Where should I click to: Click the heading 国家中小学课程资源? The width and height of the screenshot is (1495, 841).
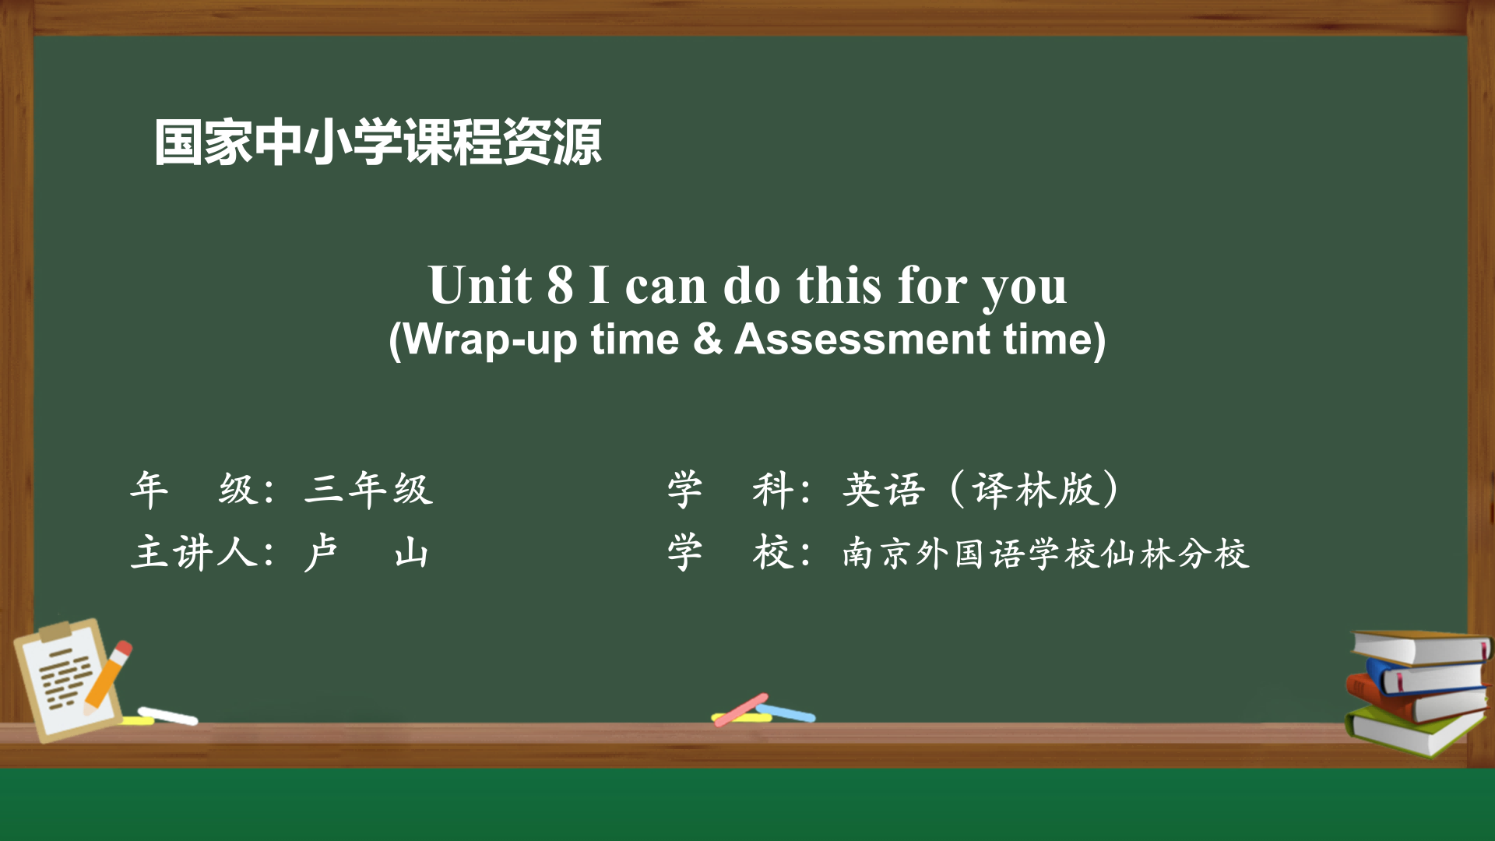378,143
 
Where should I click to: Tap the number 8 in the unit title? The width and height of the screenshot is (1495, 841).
560,285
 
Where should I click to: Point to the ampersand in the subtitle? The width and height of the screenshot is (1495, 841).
707,339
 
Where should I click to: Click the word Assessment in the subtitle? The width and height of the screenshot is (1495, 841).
863,339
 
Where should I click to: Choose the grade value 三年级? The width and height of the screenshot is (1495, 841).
368,489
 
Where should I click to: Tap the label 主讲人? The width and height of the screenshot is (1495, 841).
195,553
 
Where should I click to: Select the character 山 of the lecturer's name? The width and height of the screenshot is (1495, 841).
411,554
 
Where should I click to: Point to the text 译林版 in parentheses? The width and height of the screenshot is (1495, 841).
1033,489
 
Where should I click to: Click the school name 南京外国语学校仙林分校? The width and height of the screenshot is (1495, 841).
1046,554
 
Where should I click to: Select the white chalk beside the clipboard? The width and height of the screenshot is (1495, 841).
167,715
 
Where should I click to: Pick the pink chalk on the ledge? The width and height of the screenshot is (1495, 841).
740,709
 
